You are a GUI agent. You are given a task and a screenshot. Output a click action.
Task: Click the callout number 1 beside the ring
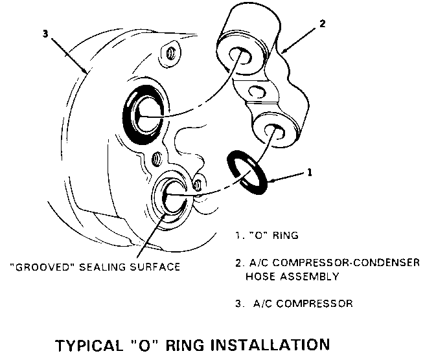(x=310, y=173)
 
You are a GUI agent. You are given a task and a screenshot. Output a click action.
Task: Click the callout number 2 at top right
(x=322, y=24)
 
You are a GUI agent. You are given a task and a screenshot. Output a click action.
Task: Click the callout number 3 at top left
(x=45, y=33)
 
